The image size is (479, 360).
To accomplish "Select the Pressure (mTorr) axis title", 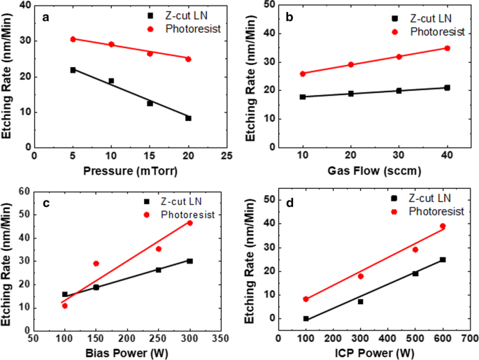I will tap(130, 170).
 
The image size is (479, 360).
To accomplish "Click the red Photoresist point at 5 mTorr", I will tap(73, 39).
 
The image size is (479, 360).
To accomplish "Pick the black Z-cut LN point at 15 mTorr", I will tap(150, 103).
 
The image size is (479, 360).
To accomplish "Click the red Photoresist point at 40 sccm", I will tap(447, 48).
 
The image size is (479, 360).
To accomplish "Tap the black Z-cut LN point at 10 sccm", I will tap(303, 96).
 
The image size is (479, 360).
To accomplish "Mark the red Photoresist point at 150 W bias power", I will tap(96, 264).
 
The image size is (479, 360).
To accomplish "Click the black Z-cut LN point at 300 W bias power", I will tap(190, 261).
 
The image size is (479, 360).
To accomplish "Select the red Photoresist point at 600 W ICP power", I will tap(442, 226).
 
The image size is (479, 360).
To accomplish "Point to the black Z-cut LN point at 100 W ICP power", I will tap(306, 319).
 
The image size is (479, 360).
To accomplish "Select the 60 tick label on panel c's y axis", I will tap(24, 192).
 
